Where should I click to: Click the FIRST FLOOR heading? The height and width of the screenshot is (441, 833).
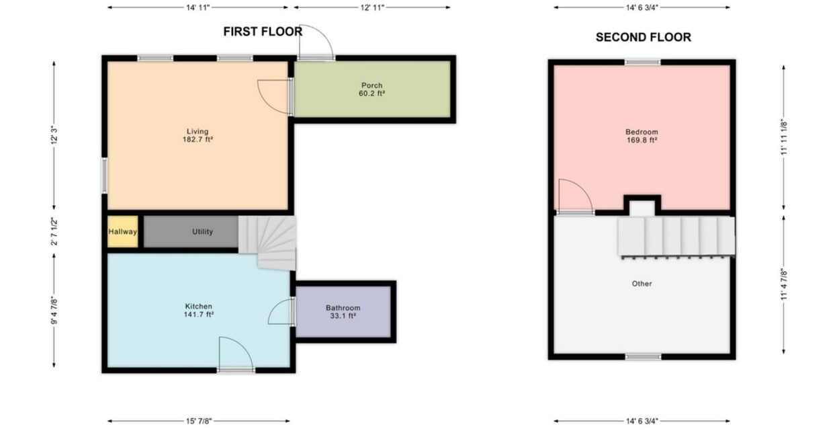pyautogui.click(x=263, y=32)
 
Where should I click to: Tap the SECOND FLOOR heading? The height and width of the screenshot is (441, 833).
pyautogui.click(x=644, y=37)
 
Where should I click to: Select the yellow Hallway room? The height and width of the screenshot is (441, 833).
pyautogui.click(x=123, y=231)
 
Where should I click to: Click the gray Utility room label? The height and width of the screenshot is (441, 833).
pyautogui.click(x=202, y=231)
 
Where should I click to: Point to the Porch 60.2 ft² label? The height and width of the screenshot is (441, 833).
pyautogui.click(x=371, y=89)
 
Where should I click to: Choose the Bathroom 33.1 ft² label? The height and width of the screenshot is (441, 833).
pyautogui.click(x=343, y=312)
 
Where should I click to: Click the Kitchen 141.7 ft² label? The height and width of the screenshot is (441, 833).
pyautogui.click(x=199, y=311)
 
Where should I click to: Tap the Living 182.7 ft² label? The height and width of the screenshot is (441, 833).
pyautogui.click(x=198, y=136)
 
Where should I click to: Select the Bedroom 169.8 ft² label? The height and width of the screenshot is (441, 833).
pyautogui.click(x=642, y=136)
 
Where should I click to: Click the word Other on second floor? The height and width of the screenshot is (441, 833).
pyautogui.click(x=642, y=284)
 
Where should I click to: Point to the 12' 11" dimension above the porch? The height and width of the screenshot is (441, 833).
pyautogui.click(x=372, y=7)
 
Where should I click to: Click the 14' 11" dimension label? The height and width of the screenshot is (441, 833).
pyautogui.click(x=198, y=7)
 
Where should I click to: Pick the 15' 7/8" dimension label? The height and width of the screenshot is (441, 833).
pyautogui.click(x=199, y=421)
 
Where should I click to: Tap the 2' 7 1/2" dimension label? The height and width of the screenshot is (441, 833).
pyautogui.click(x=54, y=231)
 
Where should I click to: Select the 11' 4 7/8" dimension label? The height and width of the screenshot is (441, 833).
pyautogui.click(x=784, y=284)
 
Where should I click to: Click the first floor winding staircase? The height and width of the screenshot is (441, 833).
pyautogui.click(x=267, y=243)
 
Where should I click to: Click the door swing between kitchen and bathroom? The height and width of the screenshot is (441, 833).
pyautogui.click(x=280, y=311)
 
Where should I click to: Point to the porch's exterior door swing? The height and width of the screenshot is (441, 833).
pyautogui.click(x=316, y=42)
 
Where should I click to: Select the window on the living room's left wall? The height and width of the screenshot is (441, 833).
pyautogui.click(x=105, y=175)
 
